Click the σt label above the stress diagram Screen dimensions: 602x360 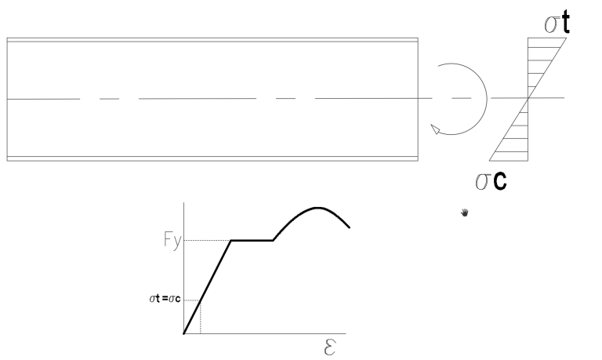(557, 23)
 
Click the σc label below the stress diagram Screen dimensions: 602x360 (491, 180)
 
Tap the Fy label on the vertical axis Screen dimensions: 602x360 (172, 241)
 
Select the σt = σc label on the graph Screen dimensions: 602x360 (165, 299)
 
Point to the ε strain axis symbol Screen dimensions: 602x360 (330, 347)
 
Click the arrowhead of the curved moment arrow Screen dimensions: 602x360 (435, 129)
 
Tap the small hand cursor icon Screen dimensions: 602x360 (465, 213)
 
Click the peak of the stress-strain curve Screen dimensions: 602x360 (317, 208)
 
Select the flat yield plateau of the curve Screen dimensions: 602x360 (252, 241)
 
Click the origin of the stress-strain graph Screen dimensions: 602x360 (184, 333)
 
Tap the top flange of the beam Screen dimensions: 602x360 (212, 39)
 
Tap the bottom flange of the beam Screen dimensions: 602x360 (212, 158)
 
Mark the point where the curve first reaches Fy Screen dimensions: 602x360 (230, 241)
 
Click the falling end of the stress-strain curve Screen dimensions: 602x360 (350, 227)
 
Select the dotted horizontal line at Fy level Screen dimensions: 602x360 (207, 241)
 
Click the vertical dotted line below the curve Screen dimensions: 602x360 (201, 318)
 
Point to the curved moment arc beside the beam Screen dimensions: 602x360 (487, 99)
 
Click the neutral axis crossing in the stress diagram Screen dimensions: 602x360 (528, 98)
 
